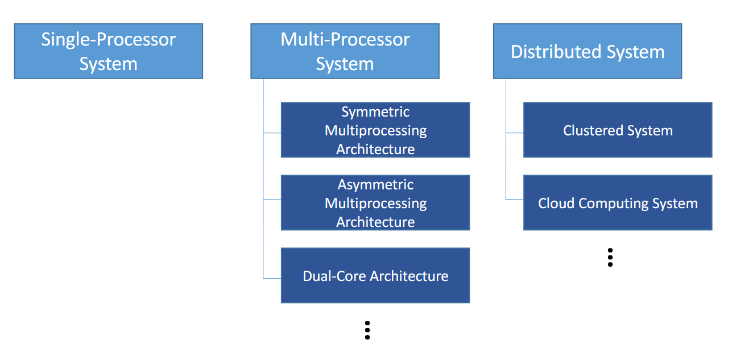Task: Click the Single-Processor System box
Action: [109, 51]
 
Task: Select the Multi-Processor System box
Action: [345, 51]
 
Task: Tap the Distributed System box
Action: [588, 51]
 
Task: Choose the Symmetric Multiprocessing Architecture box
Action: [375, 130]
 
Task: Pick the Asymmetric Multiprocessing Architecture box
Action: [375, 202]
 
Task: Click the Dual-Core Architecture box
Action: [375, 275]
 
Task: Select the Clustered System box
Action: [618, 130]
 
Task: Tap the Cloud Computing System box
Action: [618, 202]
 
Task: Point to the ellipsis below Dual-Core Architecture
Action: [367, 330]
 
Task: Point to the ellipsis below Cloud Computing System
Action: [610, 258]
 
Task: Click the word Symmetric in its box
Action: [375, 113]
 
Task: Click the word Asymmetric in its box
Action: [375, 185]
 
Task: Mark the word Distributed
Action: [556, 52]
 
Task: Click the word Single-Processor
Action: [109, 40]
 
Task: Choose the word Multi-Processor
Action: [345, 40]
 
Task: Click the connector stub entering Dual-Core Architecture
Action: [272, 278]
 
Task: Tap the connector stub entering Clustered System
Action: [515, 133]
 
